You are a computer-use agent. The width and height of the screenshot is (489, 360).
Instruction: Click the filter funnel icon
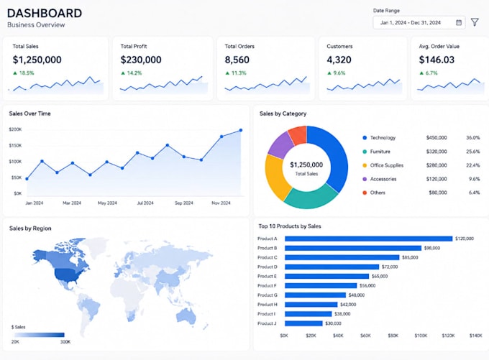pos(475,22)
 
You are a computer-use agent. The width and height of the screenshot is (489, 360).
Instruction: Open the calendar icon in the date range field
pos(459,22)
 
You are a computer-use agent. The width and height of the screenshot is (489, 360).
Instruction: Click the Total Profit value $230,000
pos(141,60)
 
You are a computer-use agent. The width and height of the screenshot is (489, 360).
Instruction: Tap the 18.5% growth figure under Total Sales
pos(27,73)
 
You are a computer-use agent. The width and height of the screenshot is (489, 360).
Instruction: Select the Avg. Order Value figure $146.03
pos(437,60)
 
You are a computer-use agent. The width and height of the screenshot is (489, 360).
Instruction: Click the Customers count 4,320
pos(339,60)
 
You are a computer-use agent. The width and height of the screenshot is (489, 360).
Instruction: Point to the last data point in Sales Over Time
pos(241,130)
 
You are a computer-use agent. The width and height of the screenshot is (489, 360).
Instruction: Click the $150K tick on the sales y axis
pos(15,146)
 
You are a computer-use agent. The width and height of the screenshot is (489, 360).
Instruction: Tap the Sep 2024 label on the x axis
pos(183,203)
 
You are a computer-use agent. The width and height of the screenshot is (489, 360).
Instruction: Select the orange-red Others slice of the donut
pos(298,135)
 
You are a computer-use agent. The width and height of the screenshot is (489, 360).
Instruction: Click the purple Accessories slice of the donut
pos(280,144)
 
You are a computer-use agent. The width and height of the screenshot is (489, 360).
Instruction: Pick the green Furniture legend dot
pos(365,152)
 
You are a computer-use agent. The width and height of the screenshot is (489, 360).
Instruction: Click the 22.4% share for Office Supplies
pos(473,165)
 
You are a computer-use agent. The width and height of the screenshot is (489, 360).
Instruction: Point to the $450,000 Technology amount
pos(437,137)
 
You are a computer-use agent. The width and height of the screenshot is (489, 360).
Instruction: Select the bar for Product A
pos(369,239)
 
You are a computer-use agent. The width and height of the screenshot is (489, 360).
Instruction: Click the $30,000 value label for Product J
pos(333,323)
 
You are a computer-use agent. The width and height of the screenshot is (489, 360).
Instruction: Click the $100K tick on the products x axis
pos(421,336)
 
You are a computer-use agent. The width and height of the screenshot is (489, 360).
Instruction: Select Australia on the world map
pos(186,315)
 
